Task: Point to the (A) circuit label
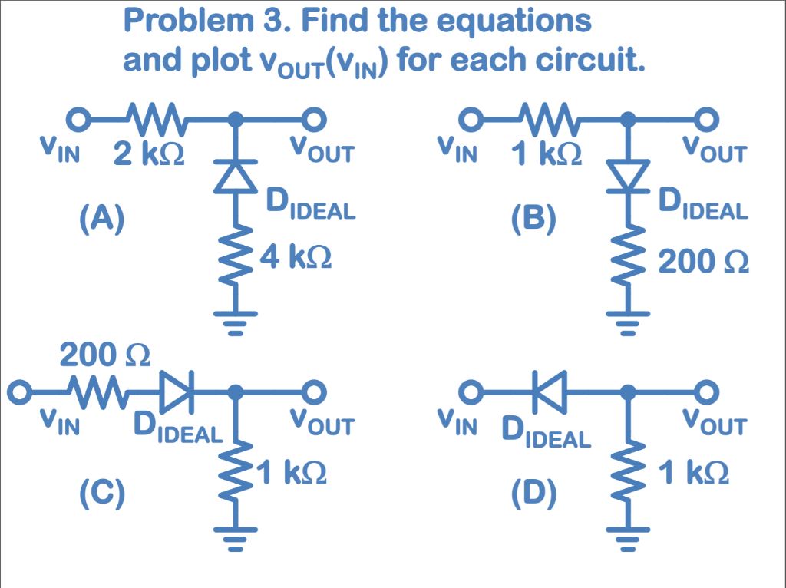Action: click(x=101, y=220)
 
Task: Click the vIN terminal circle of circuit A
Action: click(x=75, y=120)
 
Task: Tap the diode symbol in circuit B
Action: click(x=628, y=176)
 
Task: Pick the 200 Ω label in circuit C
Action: click(x=105, y=356)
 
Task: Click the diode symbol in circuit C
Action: click(x=179, y=391)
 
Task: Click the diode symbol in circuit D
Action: click(x=550, y=391)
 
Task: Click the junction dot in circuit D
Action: click(x=628, y=392)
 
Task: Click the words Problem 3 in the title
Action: click(x=203, y=21)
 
